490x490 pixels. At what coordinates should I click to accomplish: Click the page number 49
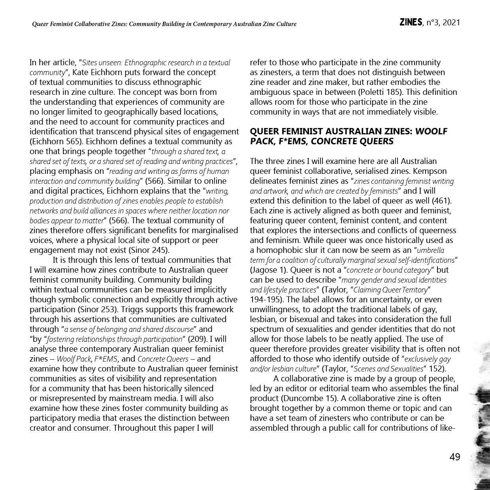click(455, 457)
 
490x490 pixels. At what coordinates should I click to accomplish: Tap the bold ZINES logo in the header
click(411, 23)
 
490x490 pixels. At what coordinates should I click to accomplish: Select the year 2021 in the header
click(451, 23)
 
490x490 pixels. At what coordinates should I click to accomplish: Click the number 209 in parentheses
click(196, 339)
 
